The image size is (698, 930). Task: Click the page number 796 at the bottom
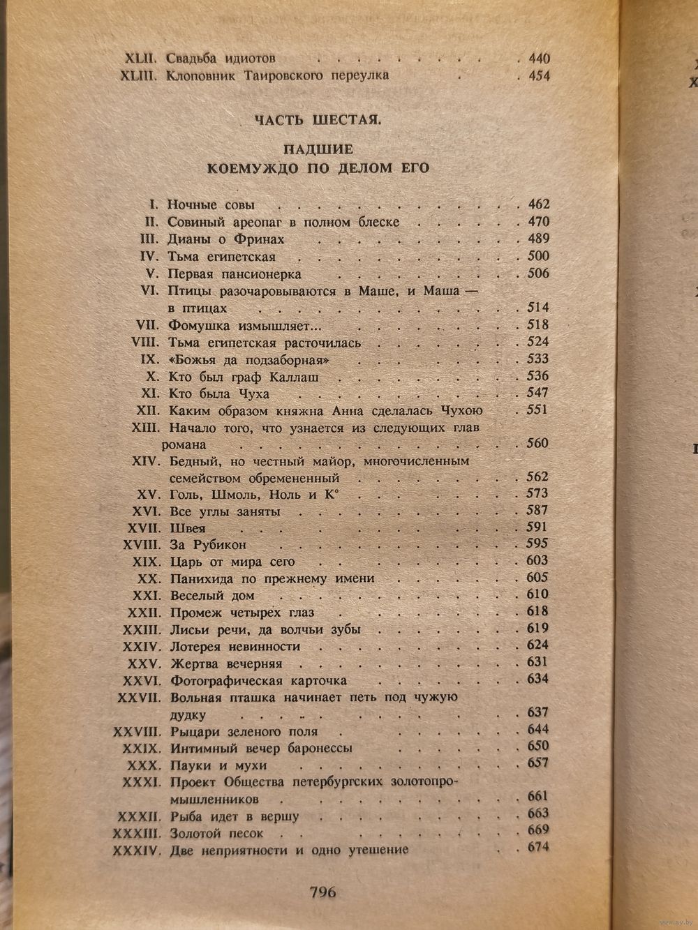pos(322,892)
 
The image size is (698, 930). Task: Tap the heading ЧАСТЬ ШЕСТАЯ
pos(318,120)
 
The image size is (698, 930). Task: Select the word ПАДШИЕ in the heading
pos(318,149)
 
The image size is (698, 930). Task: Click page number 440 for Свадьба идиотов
pos(535,59)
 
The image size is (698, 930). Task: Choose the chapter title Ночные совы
pos(211,205)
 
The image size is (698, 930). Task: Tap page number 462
pos(537,204)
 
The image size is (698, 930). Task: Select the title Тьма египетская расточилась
pos(265,343)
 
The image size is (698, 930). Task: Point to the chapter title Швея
pos(187,528)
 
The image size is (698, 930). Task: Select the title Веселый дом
pos(212,596)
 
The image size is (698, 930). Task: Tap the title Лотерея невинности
pos(235,647)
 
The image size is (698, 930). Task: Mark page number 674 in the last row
pos(537,848)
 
